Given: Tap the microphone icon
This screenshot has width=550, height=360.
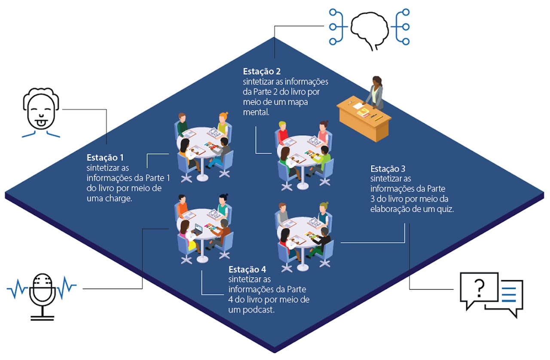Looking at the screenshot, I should [x=42, y=294].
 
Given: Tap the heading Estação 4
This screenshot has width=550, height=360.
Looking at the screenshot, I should [x=247, y=270].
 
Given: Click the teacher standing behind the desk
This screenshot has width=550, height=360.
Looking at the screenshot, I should [x=375, y=92].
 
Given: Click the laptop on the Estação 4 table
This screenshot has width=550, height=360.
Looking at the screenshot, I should [x=198, y=229].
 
